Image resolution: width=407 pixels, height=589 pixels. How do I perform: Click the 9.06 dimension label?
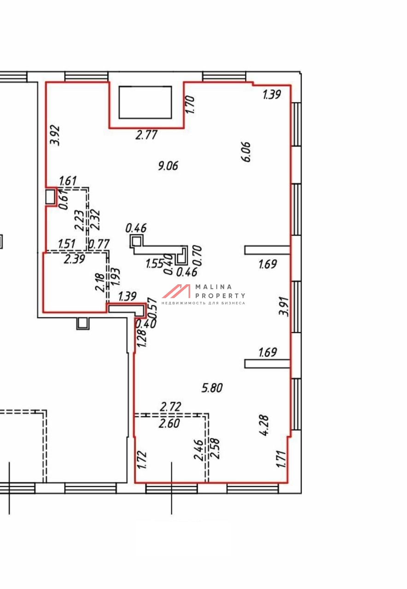[x=168, y=166]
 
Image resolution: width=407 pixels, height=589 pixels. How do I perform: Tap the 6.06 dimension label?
[x=247, y=152]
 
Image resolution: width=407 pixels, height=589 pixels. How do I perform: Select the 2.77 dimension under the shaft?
[x=146, y=135]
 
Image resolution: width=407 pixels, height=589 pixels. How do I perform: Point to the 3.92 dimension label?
[x=56, y=135]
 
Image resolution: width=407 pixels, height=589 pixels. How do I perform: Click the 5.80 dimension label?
[x=212, y=388]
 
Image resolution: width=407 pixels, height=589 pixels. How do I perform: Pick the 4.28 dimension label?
[x=264, y=425]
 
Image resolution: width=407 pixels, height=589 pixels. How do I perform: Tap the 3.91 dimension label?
[x=285, y=306]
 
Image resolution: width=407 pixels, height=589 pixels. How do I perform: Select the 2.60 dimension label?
[x=169, y=423]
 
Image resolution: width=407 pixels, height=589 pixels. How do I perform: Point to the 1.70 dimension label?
[x=190, y=104]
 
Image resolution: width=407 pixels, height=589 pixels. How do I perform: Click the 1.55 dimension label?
[x=155, y=264]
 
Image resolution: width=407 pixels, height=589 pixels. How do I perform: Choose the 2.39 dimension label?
[x=75, y=259]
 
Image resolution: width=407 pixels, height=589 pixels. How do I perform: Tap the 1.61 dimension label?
[x=68, y=181]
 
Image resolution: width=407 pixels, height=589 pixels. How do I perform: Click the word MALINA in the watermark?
[x=214, y=287]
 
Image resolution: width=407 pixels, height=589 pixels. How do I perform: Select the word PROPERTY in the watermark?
[x=220, y=296]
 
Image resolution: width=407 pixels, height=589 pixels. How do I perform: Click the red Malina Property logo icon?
[x=176, y=291]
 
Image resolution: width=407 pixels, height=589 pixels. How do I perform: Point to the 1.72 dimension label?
[x=142, y=460]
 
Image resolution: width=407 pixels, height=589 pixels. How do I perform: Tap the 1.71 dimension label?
[x=281, y=459]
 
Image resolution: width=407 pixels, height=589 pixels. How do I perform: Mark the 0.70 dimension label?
[x=198, y=255]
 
